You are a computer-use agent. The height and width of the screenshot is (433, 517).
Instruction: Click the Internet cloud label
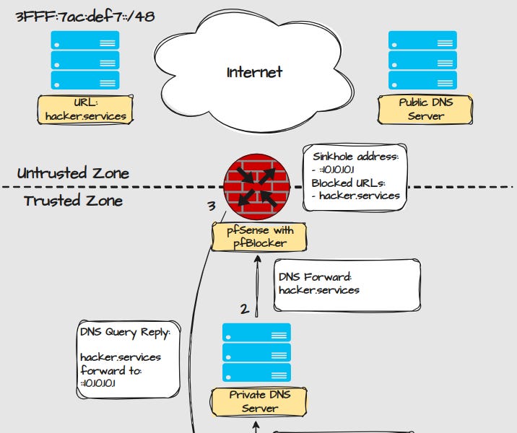tap(254, 72)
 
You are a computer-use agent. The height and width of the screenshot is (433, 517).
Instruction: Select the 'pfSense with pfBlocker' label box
tap(258, 237)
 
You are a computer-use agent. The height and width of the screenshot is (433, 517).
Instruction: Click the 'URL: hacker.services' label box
tap(86, 109)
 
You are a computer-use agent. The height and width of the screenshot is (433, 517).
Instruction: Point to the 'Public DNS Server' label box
tap(425, 109)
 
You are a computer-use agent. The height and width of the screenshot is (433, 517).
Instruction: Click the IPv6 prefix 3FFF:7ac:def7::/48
tap(84, 16)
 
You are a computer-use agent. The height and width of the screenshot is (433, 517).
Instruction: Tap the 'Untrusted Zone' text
tap(73, 173)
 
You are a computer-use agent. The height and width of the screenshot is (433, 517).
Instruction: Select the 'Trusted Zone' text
tap(73, 201)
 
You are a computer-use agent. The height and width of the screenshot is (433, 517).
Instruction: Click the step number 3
tap(212, 206)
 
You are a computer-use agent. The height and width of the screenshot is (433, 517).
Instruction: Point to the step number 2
tap(245, 309)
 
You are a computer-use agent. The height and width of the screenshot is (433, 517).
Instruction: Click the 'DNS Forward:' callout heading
tap(315, 276)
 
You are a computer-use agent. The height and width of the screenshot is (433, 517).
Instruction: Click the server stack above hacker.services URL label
tap(84, 59)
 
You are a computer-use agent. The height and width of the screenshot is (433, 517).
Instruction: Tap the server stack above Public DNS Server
tap(423, 59)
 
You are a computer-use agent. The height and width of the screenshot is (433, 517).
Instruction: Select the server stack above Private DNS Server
tap(256, 352)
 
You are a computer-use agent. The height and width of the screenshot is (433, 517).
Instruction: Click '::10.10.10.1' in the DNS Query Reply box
tap(99, 383)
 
